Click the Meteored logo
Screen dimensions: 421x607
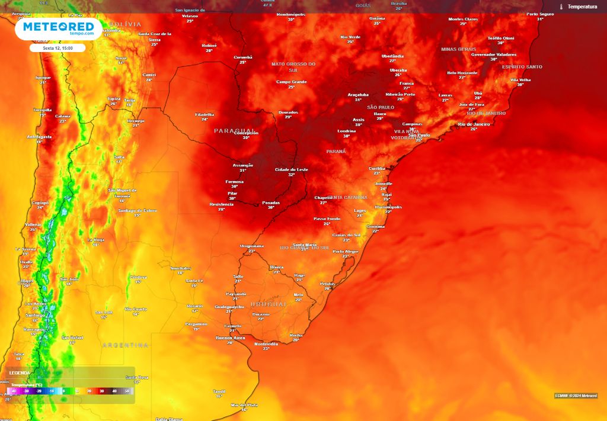click(x=58, y=28)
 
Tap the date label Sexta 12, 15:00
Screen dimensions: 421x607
click(x=57, y=48)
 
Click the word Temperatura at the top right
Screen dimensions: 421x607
click(x=582, y=7)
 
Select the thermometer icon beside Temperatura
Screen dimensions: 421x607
click(x=561, y=7)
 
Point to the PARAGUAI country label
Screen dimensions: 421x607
click(x=235, y=130)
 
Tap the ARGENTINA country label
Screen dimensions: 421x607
click(x=125, y=345)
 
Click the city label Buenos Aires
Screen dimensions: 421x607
click(x=230, y=338)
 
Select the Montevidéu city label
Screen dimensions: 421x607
click(x=266, y=343)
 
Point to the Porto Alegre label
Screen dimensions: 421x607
click(x=346, y=251)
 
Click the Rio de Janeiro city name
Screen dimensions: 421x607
click(x=474, y=124)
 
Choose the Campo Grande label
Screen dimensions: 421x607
click(x=291, y=82)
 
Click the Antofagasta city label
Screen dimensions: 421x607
click(x=39, y=137)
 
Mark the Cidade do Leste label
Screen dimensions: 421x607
click(x=291, y=169)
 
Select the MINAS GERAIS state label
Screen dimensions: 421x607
click(x=459, y=49)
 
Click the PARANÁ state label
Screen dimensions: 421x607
click(x=336, y=152)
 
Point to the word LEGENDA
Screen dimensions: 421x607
click(x=20, y=373)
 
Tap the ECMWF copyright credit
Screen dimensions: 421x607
click(x=576, y=396)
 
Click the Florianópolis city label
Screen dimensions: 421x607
click(x=388, y=207)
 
